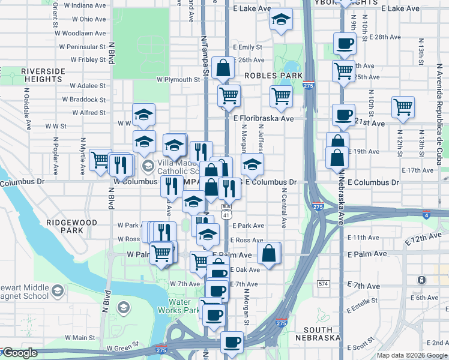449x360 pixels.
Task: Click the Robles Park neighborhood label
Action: [x=273, y=76]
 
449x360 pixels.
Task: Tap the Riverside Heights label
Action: [x=43, y=75]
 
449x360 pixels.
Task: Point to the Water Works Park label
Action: [x=178, y=306]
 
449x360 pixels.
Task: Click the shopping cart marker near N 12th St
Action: [x=403, y=108]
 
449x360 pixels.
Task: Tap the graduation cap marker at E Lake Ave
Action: [x=280, y=20]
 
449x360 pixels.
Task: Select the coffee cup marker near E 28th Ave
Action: [x=345, y=43]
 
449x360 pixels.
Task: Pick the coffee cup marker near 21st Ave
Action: [x=343, y=115]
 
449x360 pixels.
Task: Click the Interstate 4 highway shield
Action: [x=426, y=214]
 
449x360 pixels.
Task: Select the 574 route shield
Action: [x=324, y=283]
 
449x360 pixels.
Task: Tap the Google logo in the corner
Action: [x=20, y=353]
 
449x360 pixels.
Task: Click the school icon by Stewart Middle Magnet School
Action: [x=57, y=292]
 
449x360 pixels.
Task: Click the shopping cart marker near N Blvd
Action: [x=100, y=160]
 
